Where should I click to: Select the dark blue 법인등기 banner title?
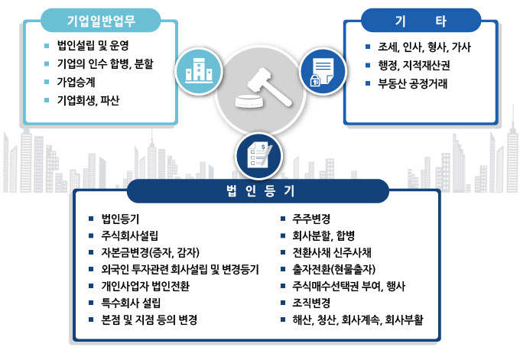click(x=258, y=189)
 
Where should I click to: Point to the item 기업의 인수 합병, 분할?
click(x=110, y=63)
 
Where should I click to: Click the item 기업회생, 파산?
click(x=89, y=100)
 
